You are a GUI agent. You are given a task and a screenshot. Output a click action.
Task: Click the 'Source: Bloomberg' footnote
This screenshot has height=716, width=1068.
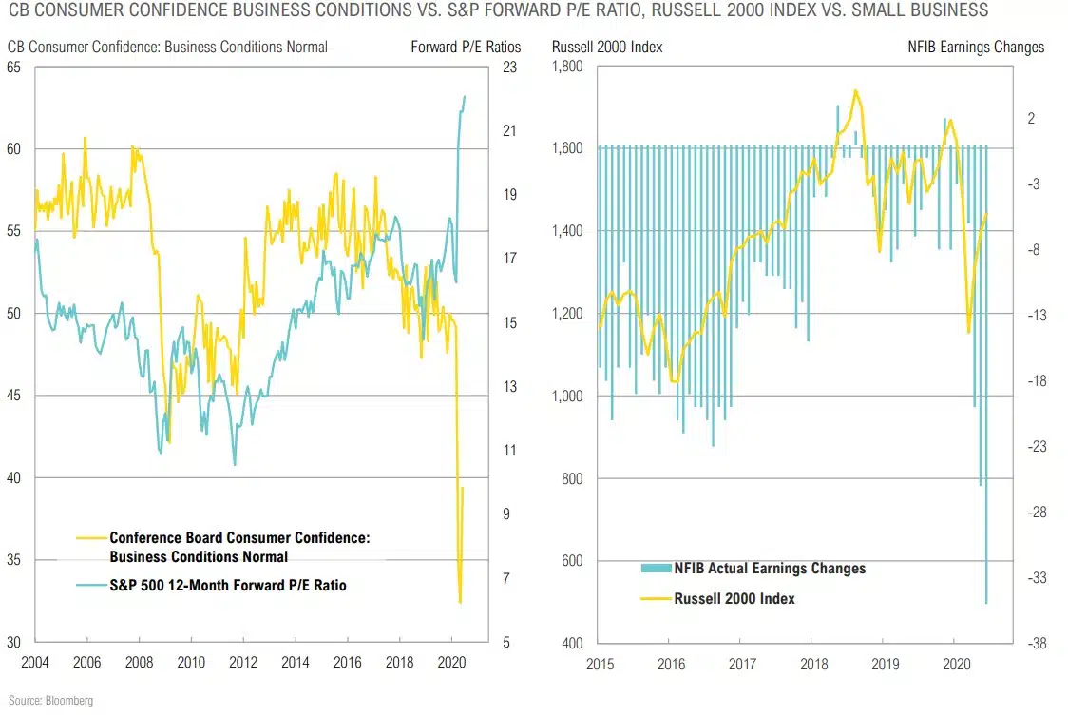point(47,701)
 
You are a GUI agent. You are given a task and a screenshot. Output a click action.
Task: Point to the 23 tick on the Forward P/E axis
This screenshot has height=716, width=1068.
point(508,68)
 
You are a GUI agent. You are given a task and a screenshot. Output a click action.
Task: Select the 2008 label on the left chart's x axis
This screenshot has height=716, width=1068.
point(140,662)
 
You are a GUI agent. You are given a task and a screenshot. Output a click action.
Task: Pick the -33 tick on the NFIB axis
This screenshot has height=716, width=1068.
point(1037,577)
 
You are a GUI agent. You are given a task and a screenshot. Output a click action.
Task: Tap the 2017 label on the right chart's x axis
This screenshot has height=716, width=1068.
point(741,662)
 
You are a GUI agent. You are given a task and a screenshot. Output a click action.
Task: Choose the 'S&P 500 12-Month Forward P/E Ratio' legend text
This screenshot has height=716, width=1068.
point(228,586)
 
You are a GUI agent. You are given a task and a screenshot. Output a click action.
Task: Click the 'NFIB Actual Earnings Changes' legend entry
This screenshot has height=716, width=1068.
point(770,569)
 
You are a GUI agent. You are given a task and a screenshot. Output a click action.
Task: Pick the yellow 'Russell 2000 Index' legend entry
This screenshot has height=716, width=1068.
point(734,599)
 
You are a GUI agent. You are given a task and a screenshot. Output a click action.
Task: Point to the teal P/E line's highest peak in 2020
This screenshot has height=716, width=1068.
point(465,96)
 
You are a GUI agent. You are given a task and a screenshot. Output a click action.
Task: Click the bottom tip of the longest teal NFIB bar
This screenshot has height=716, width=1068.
point(986,603)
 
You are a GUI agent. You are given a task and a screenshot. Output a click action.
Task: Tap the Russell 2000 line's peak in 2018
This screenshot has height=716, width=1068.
point(855,90)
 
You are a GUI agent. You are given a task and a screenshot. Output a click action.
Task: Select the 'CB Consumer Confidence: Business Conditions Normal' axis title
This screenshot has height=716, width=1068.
point(167,47)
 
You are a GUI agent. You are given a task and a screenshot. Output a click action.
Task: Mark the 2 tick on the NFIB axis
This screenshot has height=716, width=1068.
point(1031,118)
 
